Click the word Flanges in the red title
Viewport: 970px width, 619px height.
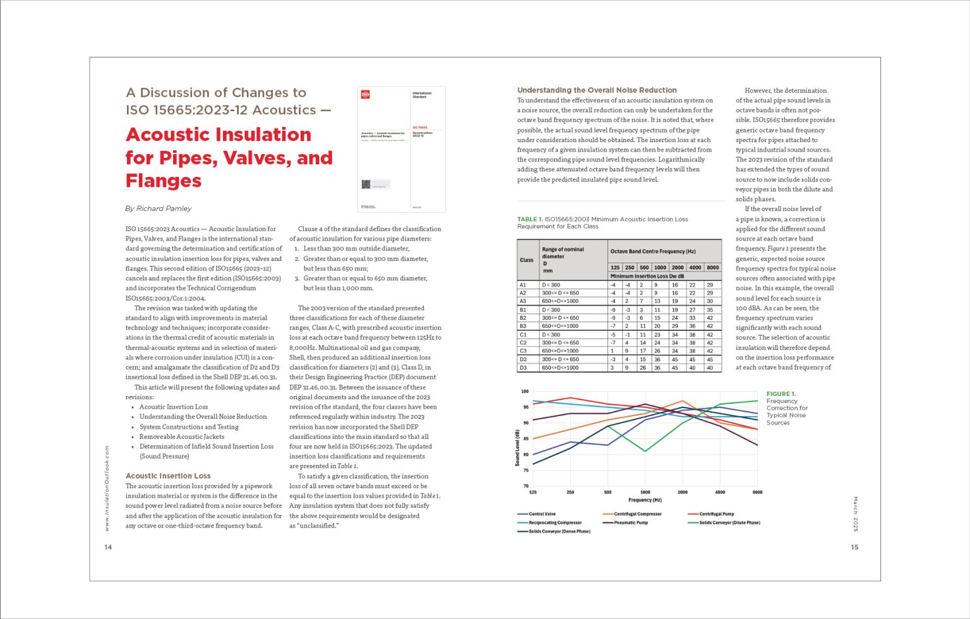(x=164, y=181)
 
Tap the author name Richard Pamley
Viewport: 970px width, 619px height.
(x=164, y=208)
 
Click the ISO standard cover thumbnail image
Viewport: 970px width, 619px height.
(x=402, y=149)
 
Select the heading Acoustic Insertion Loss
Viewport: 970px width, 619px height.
(x=168, y=476)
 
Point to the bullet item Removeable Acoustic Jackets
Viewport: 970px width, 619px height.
(x=182, y=436)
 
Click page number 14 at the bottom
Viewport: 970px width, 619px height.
(x=108, y=547)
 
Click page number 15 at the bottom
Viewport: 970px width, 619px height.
(x=854, y=547)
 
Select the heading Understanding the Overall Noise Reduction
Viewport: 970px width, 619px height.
(x=597, y=90)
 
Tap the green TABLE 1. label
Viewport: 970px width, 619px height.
(x=530, y=219)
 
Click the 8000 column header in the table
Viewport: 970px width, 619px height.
(x=712, y=267)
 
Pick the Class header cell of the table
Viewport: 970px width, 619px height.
(x=527, y=260)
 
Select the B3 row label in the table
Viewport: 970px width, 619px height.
(x=523, y=326)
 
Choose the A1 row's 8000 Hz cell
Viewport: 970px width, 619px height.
(x=710, y=285)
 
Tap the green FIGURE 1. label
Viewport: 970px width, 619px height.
(x=781, y=394)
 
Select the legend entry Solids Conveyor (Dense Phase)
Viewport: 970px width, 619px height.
(x=559, y=531)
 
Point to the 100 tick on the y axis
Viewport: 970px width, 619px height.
(x=525, y=392)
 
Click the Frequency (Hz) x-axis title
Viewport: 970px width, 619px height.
(x=645, y=500)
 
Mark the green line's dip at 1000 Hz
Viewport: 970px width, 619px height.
(x=645, y=451)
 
